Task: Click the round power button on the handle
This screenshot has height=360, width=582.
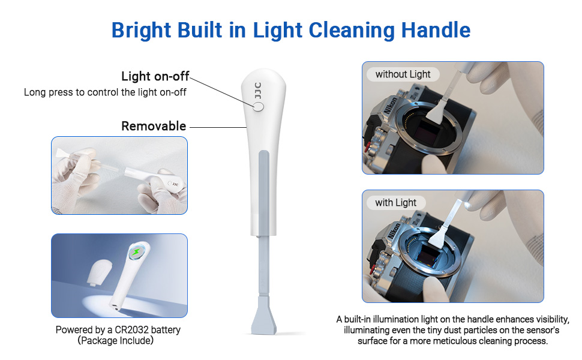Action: tap(259, 107)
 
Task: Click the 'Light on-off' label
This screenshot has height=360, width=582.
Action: tap(155, 76)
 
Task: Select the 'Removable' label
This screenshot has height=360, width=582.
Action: tap(154, 126)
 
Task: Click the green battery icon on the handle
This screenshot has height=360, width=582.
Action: tap(137, 253)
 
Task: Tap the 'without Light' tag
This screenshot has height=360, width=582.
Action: tap(403, 74)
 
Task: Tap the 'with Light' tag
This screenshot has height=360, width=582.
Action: tap(395, 203)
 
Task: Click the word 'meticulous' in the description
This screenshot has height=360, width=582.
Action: tap(476, 341)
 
